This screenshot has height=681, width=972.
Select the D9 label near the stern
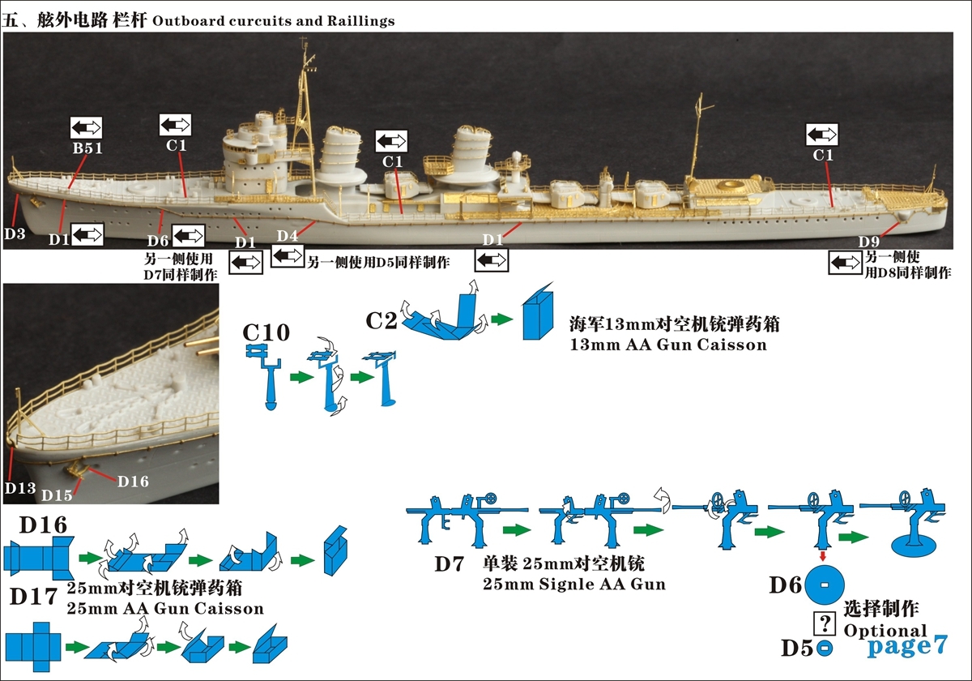[x=869, y=242]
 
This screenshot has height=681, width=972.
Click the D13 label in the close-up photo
[x=19, y=487]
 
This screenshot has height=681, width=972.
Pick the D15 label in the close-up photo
[x=57, y=495]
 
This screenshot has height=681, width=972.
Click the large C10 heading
[x=266, y=332]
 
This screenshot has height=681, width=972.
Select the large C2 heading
[x=382, y=320]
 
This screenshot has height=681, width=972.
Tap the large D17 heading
[x=33, y=597]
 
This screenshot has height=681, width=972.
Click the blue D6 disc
[x=824, y=585]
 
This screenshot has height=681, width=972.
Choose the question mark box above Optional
[x=825, y=623]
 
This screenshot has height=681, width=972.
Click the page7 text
[x=907, y=645]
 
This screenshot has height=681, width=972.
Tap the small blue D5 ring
[x=824, y=648]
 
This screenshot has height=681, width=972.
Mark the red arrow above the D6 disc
[x=824, y=556]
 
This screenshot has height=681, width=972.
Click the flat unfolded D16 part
[x=38, y=559]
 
